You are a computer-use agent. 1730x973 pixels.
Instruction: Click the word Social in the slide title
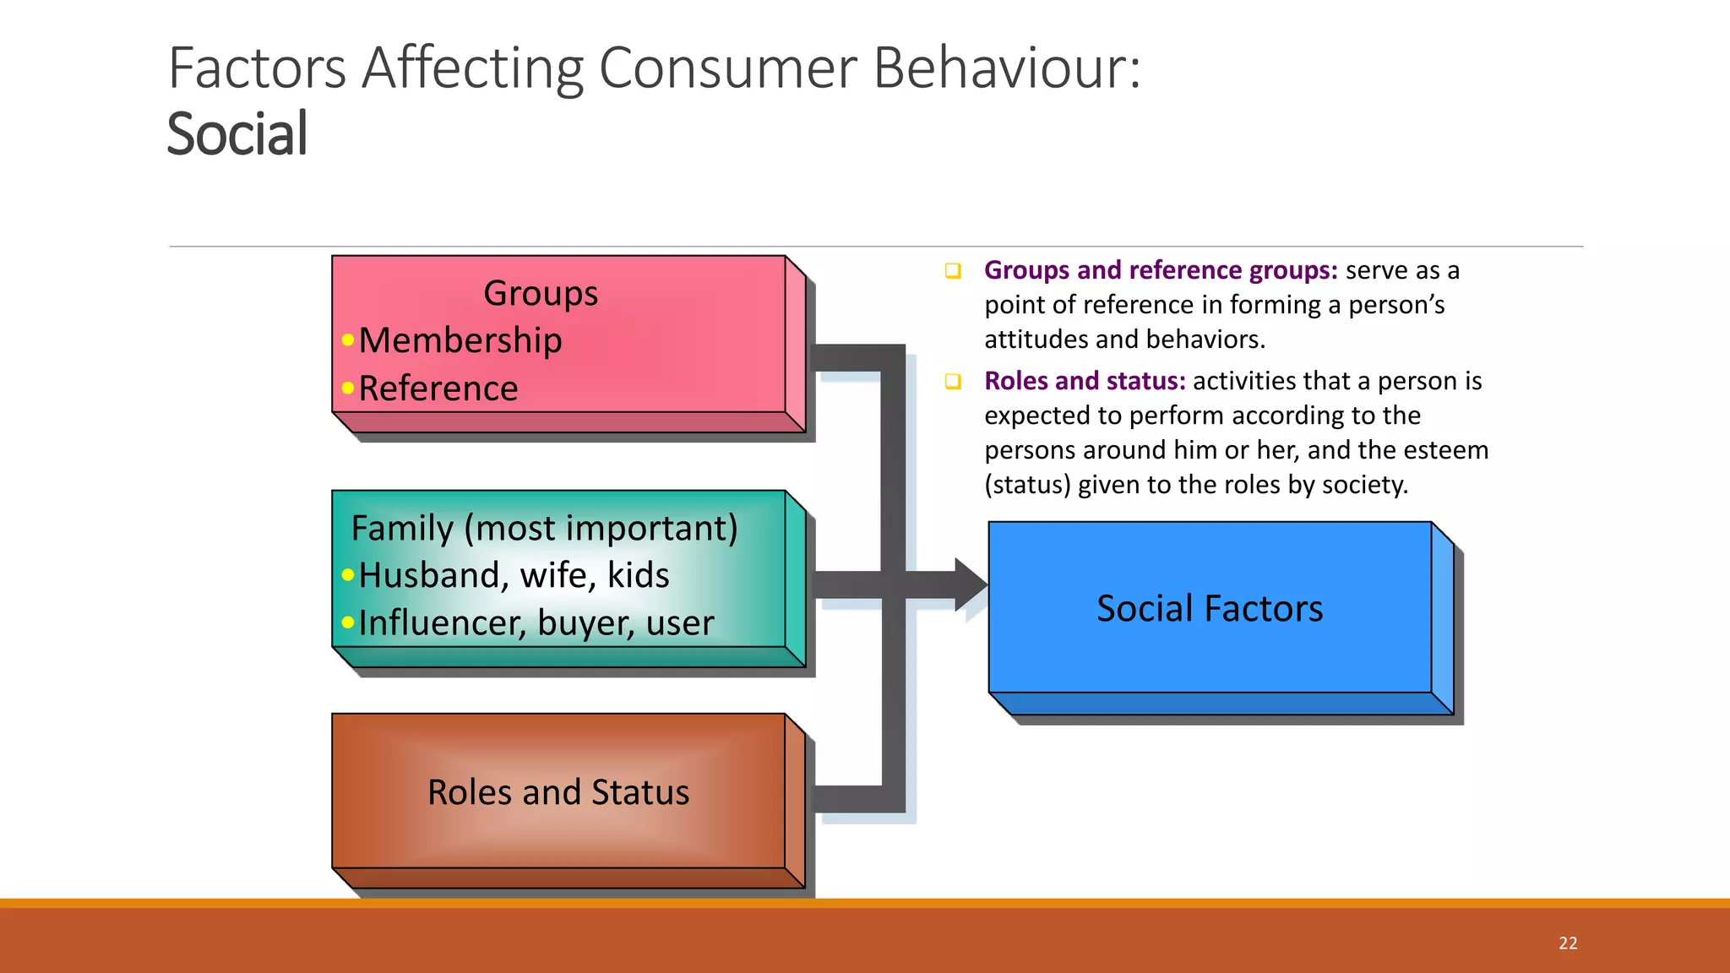click(237, 134)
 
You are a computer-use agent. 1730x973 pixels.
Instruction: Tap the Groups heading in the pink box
click(541, 293)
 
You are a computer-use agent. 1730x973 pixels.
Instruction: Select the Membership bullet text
click(460, 340)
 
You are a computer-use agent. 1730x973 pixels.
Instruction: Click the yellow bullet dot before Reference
click(348, 389)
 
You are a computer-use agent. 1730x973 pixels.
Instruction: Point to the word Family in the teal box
click(402, 529)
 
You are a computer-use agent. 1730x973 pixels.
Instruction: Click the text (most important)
click(601, 529)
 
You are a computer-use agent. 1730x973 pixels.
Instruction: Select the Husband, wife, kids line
click(514, 575)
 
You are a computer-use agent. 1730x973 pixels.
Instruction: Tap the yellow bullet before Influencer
click(348, 623)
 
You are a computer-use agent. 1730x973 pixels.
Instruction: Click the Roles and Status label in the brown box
click(558, 792)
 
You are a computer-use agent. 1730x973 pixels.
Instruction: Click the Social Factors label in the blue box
click(1210, 609)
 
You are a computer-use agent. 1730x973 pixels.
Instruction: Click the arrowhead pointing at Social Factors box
click(971, 584)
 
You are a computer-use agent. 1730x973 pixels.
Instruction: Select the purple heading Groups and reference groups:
click(1161, 270)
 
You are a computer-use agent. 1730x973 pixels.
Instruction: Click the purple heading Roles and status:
click(1085, 381)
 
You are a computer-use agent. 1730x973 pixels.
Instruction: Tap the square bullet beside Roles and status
click(953, 382)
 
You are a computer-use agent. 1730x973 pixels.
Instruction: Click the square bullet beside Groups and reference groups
click(953, 271)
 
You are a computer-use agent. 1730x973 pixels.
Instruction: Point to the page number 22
click(1568, 943)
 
